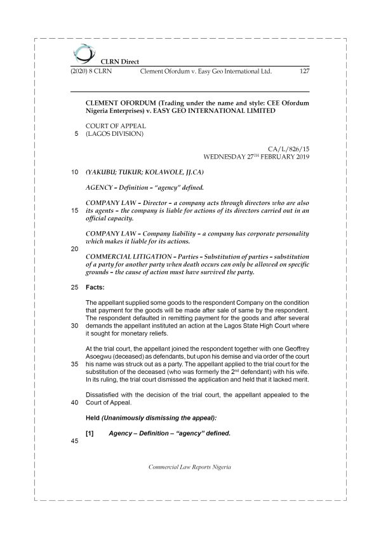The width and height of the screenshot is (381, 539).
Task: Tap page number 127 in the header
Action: [x=304, y=72]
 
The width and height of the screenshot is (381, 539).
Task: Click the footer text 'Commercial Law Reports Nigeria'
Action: [x=190, y=467]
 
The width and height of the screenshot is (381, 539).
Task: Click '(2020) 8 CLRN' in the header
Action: [x=90, y=72]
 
